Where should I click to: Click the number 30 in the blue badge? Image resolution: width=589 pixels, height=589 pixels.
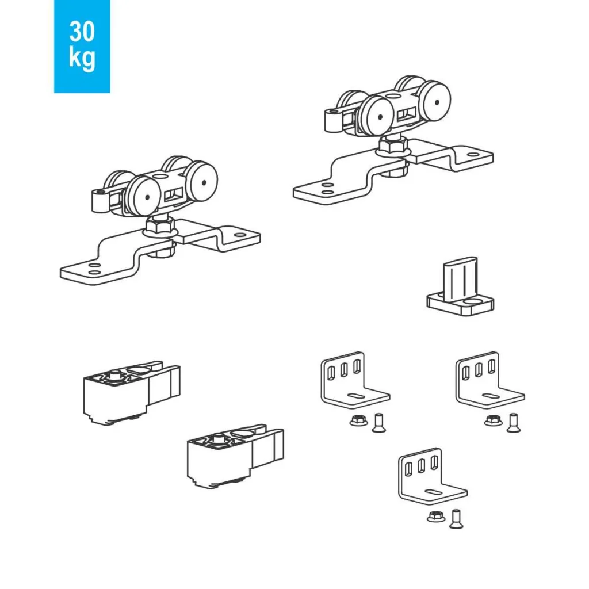tap(82, 32)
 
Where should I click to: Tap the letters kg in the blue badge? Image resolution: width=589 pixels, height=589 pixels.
tap(82, 58)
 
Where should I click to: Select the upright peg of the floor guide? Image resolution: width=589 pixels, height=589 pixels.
tap(460, 278)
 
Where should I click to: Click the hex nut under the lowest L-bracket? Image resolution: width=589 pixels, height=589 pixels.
tap(436, 517)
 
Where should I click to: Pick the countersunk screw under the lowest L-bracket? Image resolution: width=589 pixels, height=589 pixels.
tap(456, 519)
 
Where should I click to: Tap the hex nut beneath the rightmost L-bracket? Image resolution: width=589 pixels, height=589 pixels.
tap(494, 420)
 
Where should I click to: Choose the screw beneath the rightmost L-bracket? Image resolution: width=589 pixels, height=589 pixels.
tap(514, 423)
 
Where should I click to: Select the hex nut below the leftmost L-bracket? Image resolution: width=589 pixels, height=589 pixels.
tap(359, 420)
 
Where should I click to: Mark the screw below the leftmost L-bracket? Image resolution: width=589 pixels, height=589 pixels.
tap(378, 423)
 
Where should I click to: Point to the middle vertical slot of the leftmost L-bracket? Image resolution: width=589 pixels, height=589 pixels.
tap(344, 370)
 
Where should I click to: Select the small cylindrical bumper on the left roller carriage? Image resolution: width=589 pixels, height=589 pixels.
tap(100, 201)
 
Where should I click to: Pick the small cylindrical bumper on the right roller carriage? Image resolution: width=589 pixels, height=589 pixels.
tap(333, 120)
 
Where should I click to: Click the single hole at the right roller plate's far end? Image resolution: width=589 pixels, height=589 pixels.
tap(473, 154)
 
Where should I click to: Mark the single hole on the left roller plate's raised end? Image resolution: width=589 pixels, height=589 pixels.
tap(240, 235)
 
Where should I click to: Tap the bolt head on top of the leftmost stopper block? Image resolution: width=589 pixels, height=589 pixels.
tap(114, 375)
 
